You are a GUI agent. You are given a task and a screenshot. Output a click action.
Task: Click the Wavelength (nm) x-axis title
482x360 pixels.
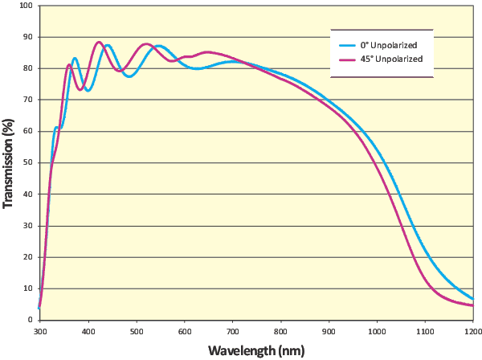[256, 351]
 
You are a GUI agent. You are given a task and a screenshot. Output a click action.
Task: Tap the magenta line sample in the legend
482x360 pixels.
[348, 59]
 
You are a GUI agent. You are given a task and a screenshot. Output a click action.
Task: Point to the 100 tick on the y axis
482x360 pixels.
[26, 6]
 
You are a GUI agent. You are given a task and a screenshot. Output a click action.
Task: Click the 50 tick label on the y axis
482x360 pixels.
[28, 162]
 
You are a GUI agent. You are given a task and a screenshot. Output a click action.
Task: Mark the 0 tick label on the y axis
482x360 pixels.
[31, 320]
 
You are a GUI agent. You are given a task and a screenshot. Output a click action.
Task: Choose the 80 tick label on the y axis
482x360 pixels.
[28, 68]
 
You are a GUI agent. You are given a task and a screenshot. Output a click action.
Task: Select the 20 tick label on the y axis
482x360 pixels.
[28, 257]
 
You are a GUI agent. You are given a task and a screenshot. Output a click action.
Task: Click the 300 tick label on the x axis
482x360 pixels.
[39, 330]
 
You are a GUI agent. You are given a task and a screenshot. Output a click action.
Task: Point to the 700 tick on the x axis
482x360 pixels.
[232, 330]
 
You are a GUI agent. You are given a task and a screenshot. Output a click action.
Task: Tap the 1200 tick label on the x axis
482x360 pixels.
[472, 330]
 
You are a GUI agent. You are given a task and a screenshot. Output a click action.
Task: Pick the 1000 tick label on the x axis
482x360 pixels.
[376, 330]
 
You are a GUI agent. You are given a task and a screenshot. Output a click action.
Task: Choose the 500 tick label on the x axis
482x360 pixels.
[136, 330]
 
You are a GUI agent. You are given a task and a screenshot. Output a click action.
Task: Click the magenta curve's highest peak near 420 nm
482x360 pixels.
[99, 42]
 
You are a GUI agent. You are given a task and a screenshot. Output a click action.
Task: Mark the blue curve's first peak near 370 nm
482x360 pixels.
[75, 58]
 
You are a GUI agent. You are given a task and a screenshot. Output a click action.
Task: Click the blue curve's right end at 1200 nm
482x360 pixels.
[473, 299]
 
